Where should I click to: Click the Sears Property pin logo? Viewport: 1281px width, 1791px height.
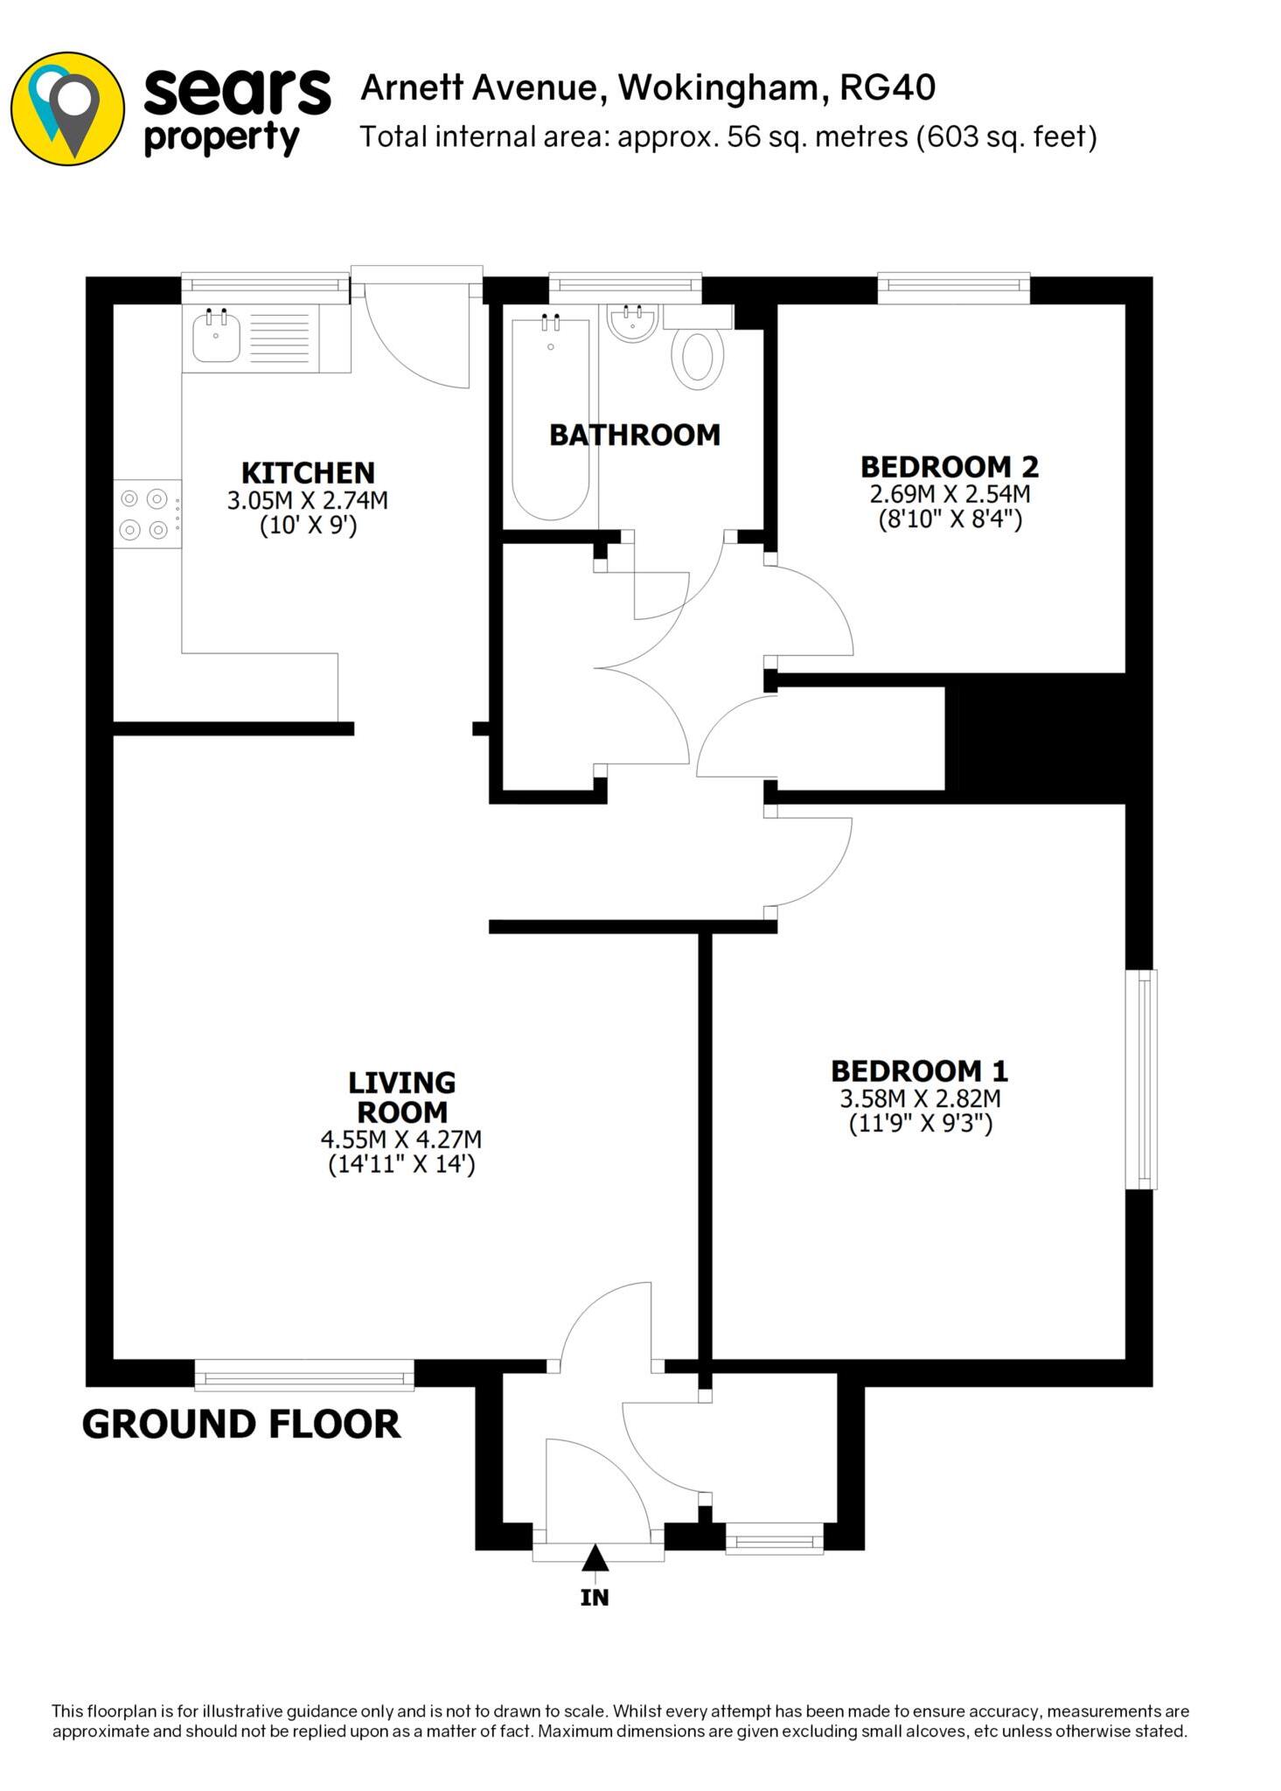[67, 108]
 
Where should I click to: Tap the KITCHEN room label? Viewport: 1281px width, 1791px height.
[308, 473]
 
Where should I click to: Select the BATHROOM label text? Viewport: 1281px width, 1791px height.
[634, 435]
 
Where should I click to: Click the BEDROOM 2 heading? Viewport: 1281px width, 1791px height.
[949, 466]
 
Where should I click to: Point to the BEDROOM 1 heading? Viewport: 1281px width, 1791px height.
[919, 1071]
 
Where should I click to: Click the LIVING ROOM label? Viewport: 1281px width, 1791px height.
[401, 1098]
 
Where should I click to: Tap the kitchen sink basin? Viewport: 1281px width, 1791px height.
[216, 338]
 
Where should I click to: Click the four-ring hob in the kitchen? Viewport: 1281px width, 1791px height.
[145, 514]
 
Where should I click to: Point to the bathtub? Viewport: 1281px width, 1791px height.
[550, 420]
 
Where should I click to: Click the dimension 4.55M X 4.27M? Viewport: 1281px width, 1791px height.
[401, 1140]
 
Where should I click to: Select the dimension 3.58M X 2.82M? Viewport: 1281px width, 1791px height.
[920, 1098]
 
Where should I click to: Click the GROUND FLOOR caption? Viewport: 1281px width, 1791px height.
[240, 1424]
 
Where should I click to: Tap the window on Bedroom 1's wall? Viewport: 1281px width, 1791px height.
[1141, 1079]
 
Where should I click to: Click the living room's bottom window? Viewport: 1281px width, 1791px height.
[303, 1376]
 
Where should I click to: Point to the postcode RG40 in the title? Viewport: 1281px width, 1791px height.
[887, 88]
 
